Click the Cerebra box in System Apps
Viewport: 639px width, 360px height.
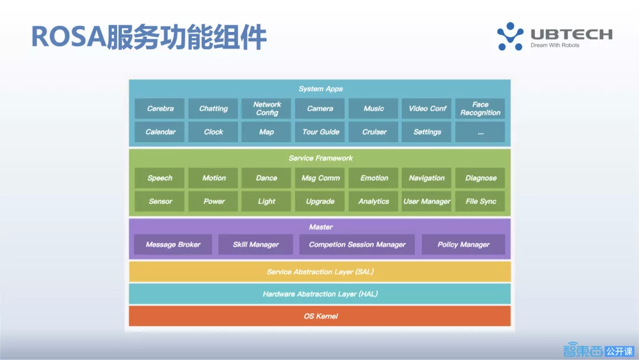(160, 109)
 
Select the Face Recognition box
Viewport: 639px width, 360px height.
(480, 109)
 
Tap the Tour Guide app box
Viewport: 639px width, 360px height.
(321, 132)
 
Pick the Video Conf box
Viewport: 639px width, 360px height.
(427, 109)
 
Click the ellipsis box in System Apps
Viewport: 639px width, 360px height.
(480, 132)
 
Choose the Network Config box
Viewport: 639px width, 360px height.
(266, 109)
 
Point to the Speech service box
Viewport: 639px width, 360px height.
(160, 178)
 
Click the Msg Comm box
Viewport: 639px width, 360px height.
(321, 178)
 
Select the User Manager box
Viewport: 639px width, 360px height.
(427, 201)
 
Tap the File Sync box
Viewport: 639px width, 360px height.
(480, 201)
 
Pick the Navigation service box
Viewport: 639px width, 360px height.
(427, 178)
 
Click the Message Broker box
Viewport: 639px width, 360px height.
(173, 245)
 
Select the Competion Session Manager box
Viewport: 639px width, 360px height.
(357, 245)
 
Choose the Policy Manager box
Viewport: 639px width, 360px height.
(463, 245)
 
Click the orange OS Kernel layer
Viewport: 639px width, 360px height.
(320, 316)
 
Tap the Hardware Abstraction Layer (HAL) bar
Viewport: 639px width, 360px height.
(320, 294)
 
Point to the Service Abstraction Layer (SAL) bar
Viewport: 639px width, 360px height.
(320, 272)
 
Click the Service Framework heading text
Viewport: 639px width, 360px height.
(320, 158)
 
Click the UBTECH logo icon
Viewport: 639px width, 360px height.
(510, 36)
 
